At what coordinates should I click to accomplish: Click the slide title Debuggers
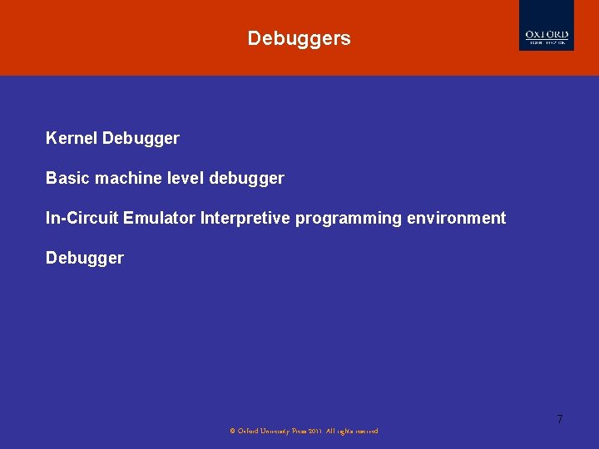[299, 38]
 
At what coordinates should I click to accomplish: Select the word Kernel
[72, 138]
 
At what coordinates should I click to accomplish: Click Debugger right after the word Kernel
[141, 139]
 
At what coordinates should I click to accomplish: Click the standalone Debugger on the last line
[84, 259]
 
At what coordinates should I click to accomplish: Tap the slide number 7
[559, 419]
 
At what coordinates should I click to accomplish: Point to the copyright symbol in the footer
[232, 431]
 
